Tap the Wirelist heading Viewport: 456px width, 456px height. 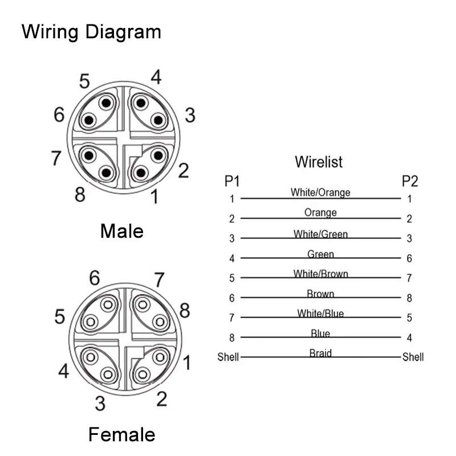coord(319,162)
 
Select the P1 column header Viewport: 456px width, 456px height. coord(232,182)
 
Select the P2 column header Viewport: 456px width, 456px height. coord(409,182)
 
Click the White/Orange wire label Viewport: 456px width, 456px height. coord(320,193)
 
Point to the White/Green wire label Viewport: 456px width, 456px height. coord(320,234)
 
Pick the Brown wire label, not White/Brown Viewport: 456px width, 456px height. coord(320,294)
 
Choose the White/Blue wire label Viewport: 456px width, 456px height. coord(320,313)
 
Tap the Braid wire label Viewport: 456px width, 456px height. coord(320,353)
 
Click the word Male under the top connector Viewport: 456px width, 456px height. coord(122,231)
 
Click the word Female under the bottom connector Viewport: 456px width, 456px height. coord(121,435)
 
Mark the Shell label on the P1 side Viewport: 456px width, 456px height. coord(228,358)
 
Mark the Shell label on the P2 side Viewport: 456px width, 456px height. coord(413,357)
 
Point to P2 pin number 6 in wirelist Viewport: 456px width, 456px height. coord(409,259)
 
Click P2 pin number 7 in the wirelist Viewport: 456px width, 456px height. coord(409,278)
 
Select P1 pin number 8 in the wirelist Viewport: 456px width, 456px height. coord(232,337)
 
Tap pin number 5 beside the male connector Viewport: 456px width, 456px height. coord(84,82)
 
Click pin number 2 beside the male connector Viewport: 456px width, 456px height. coord(183,170)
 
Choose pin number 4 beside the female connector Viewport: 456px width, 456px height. coord(64,372)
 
